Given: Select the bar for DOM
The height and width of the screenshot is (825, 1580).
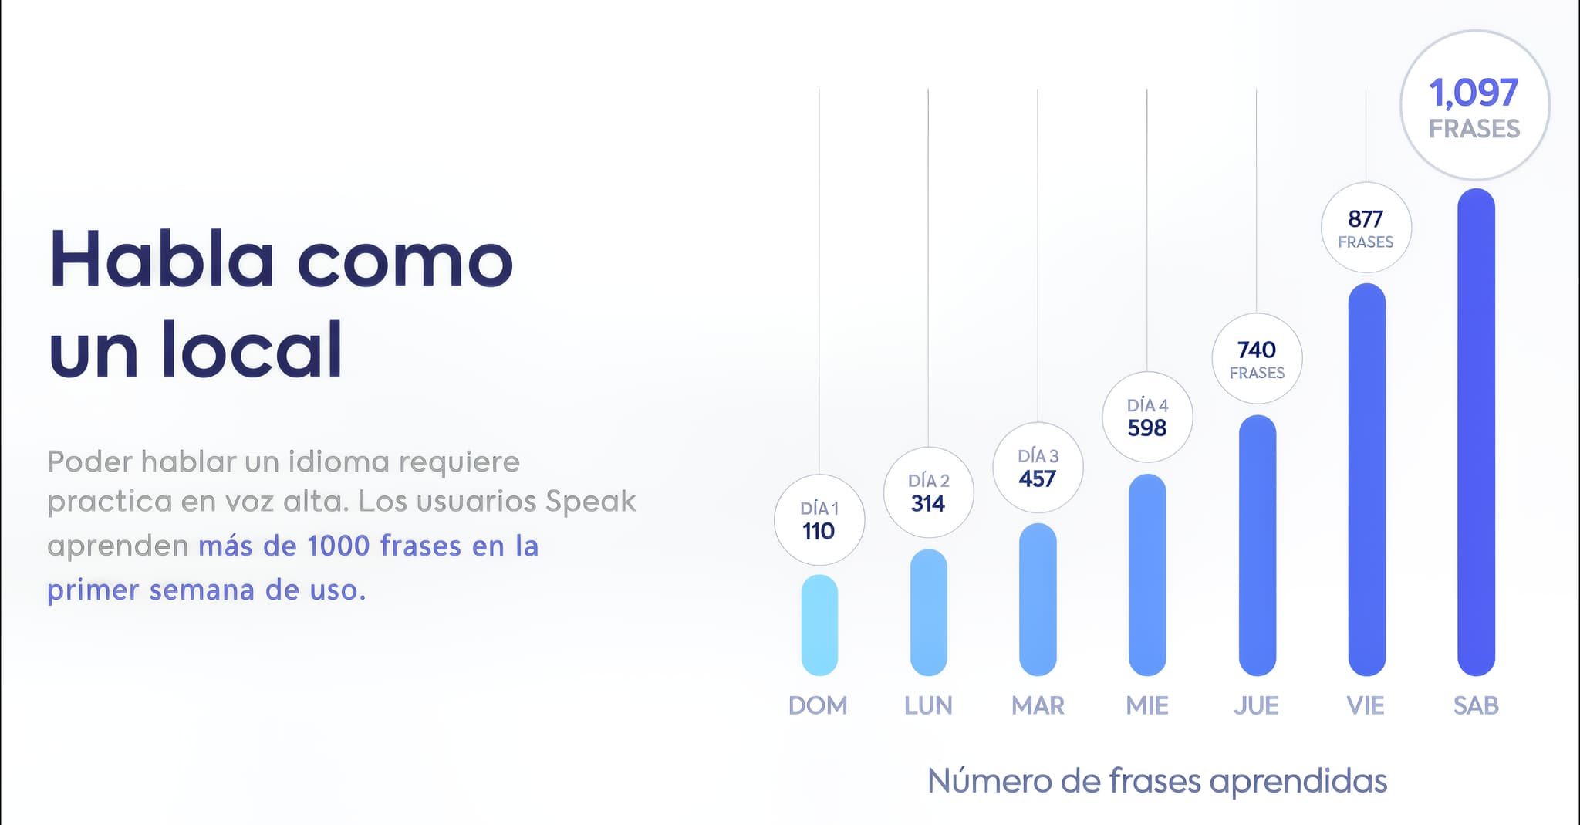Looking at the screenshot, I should (819, 625).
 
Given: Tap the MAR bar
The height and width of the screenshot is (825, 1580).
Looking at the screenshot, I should (1038, 600).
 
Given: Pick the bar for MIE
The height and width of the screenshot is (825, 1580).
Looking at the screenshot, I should (1147, 575).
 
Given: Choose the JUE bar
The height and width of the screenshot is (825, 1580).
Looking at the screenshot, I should (1257, 546).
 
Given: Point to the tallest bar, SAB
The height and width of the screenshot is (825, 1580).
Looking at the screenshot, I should (1476, 432).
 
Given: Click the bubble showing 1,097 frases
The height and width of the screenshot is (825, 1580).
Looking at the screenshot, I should (1474, 106).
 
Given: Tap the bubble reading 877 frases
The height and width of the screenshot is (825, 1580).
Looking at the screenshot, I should (1366, 228).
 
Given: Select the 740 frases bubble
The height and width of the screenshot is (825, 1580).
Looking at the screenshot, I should (1257, 359).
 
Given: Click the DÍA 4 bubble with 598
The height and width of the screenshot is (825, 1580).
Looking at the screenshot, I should (1147, 418).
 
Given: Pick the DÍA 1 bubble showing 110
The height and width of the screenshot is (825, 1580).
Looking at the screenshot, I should (819, 520).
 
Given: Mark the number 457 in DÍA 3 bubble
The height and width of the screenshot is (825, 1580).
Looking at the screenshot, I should (1037, 479).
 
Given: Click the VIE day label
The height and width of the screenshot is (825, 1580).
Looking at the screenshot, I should (1366, 705).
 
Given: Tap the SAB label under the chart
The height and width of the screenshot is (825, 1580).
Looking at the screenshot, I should (1476, 705).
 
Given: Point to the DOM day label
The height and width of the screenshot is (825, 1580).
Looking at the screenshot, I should (818, 705).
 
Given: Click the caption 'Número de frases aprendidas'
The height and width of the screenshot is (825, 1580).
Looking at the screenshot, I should (1157, 781).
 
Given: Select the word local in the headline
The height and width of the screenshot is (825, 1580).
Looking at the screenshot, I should (252, 350).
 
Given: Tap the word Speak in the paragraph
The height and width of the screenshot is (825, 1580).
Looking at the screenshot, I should (591, 502).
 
